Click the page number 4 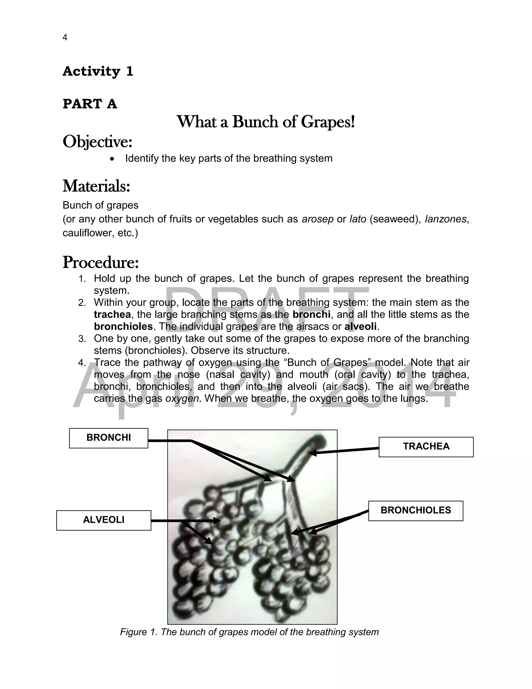[x=65, y=37]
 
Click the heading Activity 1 [x=98, y=71]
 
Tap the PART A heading [x=90, y=104]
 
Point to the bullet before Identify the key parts [x=112, y=159]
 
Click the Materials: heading [x=96, y=186]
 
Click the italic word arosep [x=317, y=219]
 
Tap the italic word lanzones [x=445, y=219]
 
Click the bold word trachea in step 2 [x=112, y=315]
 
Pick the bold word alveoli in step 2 [x=360, y=327]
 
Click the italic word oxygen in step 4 [x=182, y=398]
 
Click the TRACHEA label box [x=426, y=447]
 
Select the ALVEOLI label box [x=104, y=520]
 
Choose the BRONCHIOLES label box [x=415, y=510]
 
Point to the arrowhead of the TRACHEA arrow [x=311, y=453]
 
